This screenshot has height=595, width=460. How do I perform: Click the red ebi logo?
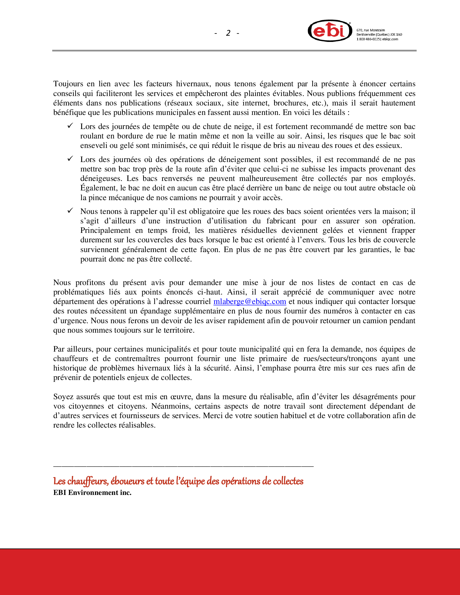(330, 31)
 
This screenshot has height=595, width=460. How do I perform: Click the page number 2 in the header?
(228, 33)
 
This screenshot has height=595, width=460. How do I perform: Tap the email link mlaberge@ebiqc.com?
(250, 302)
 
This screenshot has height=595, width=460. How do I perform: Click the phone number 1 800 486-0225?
(368, 39)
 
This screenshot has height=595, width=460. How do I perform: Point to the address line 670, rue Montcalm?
(371, 30)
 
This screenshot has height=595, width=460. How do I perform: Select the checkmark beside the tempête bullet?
(70, 125)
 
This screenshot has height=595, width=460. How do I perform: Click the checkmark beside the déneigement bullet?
(70, 158)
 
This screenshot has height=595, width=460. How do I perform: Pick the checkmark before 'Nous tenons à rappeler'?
(70, 211)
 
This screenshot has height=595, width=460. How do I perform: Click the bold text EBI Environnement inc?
(92, 492)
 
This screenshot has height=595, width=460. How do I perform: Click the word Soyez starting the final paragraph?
(63, 397)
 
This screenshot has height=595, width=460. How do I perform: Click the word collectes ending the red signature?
(288, 481)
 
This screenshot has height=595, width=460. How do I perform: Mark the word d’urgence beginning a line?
(71, 321)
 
